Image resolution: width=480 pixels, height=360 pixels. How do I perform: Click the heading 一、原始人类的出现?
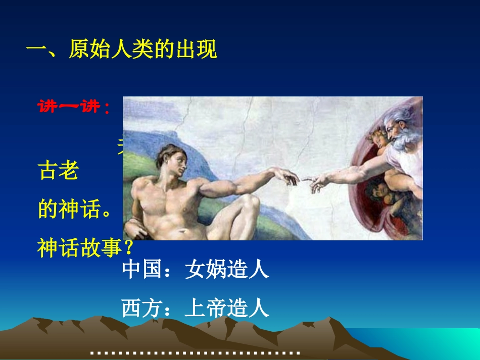click(x=121, y=50)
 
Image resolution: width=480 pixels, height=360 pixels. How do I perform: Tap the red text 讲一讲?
click(x=71, y=107)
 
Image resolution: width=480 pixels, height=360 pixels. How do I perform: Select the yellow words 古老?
click(x=58, y=171)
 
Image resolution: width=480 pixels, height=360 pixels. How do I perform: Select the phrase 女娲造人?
click(x=227, y=270)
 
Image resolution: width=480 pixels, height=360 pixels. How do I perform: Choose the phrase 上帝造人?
click(x=227, y=308)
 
